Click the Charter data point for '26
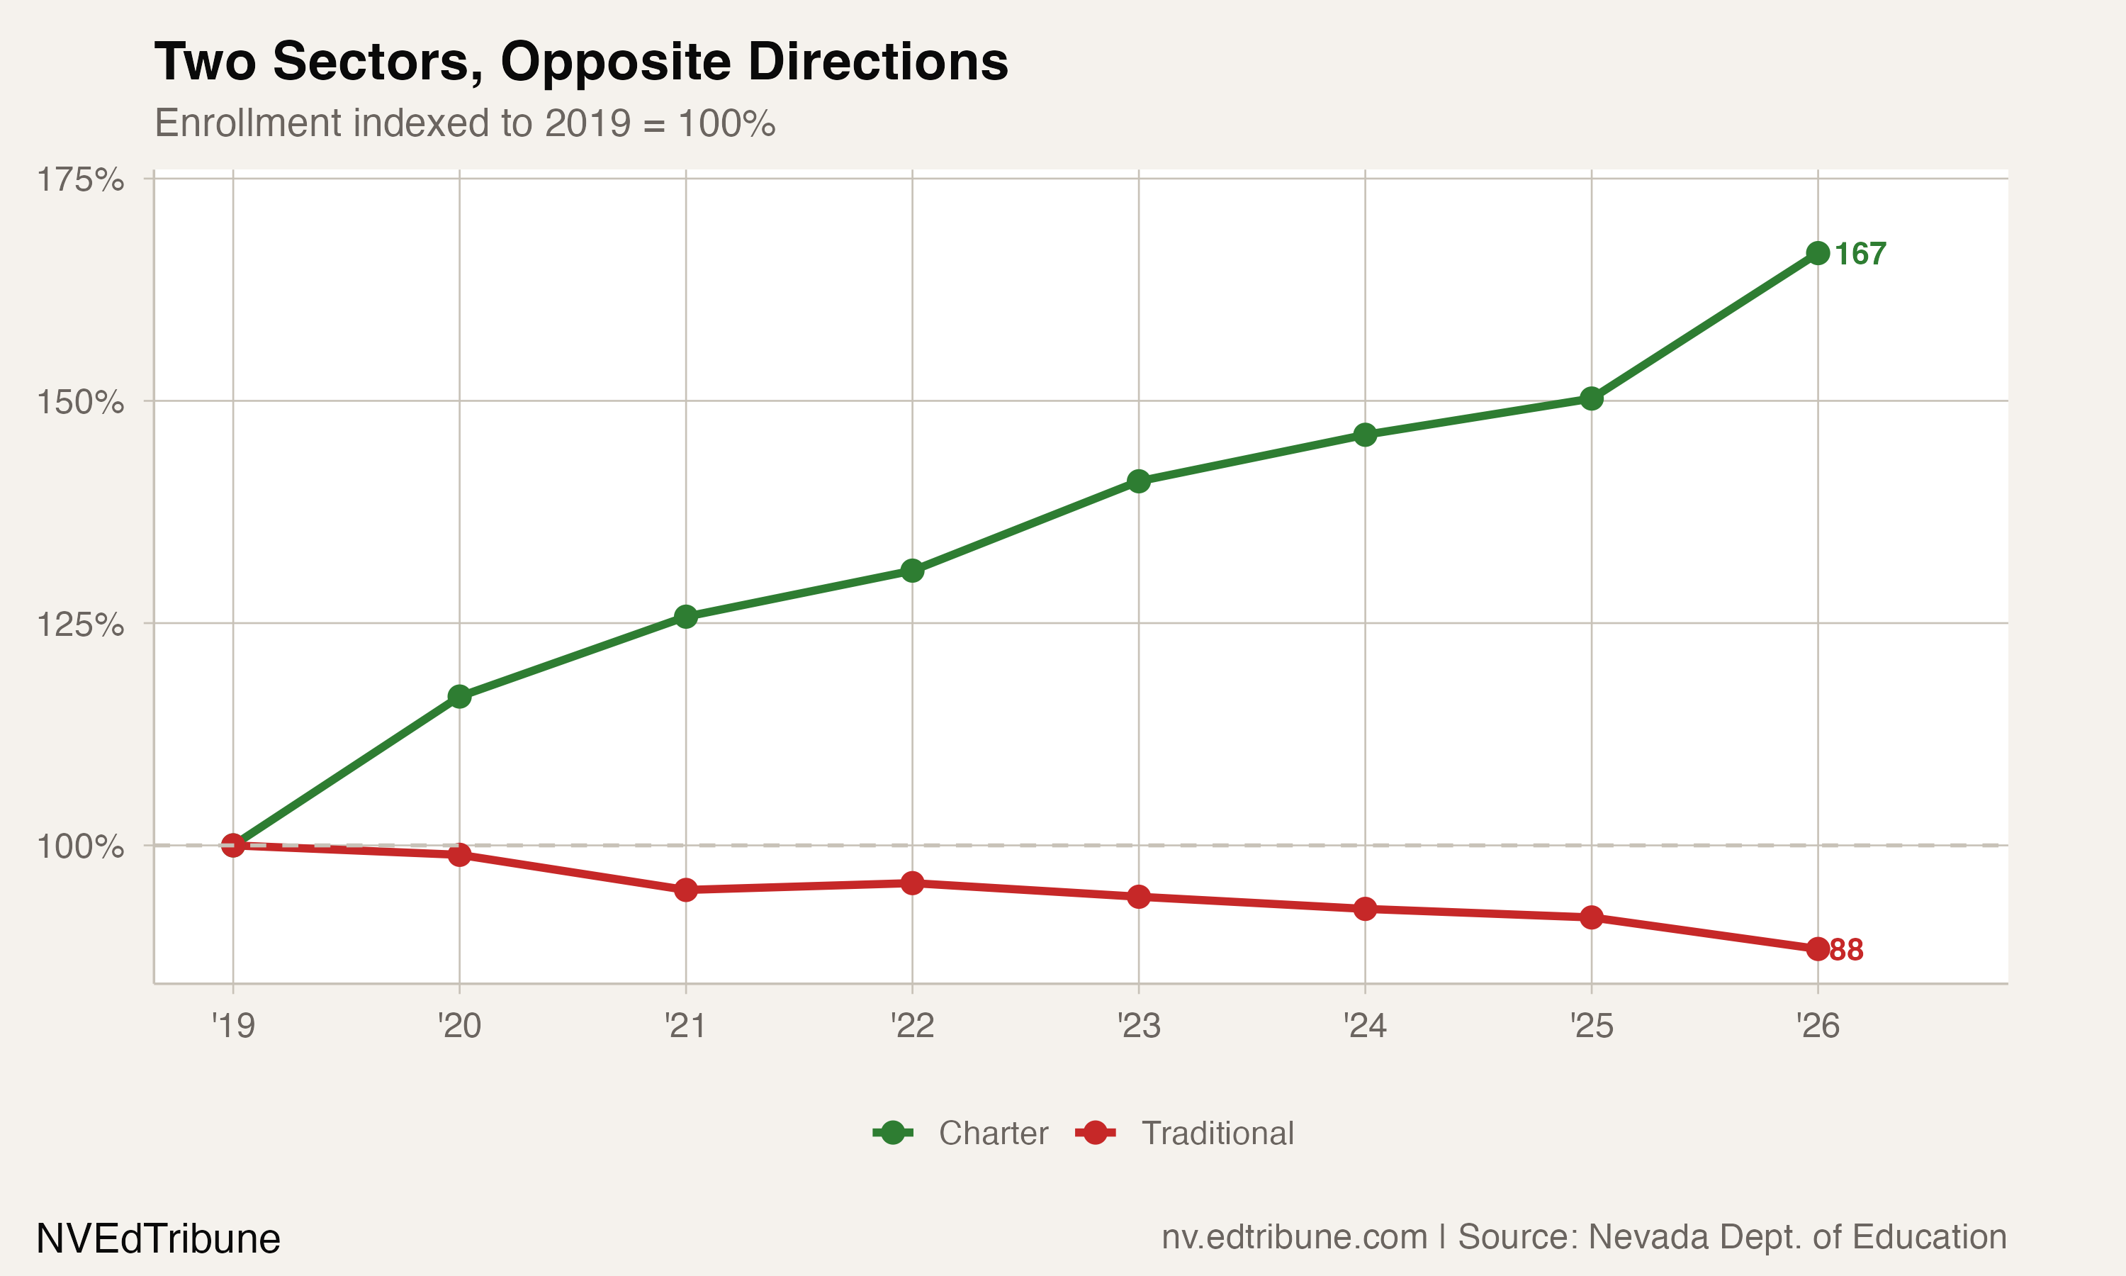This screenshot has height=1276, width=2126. [x=1818, y=253]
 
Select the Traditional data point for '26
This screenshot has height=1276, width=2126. [x=1818, y=949]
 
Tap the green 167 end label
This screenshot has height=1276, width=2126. [x=1860, y=254]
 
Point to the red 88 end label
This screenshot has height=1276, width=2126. [x=1847, y=950]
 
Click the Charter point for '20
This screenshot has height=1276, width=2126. [x=460, y=696]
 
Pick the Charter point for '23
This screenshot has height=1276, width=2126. [x=1139, y=481]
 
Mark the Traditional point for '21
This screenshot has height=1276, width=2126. [x=686, y=890]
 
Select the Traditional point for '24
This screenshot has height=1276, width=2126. [x=1365, y=909]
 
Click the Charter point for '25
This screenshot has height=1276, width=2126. [x=1592, y=398]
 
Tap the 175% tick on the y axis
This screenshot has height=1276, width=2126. [x=80, y=181]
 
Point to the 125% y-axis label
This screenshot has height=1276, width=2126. [x=80, y=625]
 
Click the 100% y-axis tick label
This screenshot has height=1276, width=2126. [x=80, y=847]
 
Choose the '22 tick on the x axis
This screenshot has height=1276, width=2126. [x=912, y=1026]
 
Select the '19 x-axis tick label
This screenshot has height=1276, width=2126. [x=233, y=1026]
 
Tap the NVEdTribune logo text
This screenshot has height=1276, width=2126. [x=158, y=1239]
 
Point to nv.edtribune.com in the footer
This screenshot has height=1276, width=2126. [x=1294, y=1236]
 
